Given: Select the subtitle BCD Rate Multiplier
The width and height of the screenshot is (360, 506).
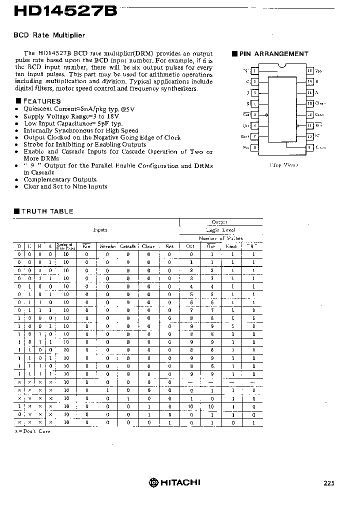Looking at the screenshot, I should [x=49, y=35].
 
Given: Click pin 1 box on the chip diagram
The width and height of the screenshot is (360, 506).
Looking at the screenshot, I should [x=254, y=71].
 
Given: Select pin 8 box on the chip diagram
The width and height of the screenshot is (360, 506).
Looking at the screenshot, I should [x=254, y=147].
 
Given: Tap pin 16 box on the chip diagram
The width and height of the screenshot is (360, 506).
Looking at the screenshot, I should [x=310, y=71].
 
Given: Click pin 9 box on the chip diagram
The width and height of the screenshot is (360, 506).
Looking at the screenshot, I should [x=310, y=147].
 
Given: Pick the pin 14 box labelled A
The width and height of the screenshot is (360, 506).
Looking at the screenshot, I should [x=310, y=92].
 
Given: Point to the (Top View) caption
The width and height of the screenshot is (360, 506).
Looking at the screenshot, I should [x=283, y=165].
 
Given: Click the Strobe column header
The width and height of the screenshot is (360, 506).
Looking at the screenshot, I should [x=107, y=246].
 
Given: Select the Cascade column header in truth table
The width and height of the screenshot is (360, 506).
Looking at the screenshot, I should [x=127, y=246].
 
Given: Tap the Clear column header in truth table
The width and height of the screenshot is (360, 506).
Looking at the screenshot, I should [x=148, y=246].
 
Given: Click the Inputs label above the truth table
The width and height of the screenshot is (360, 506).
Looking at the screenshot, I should [x=100, y=229].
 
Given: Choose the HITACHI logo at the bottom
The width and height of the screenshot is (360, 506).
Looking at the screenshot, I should [x=174, y=482].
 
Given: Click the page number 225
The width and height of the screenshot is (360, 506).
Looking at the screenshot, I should [x=328, y=483].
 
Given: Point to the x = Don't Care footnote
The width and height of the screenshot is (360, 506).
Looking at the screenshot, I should [x=32, y=431].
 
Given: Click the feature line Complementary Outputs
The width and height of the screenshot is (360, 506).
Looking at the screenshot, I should [x=60, y=179].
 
